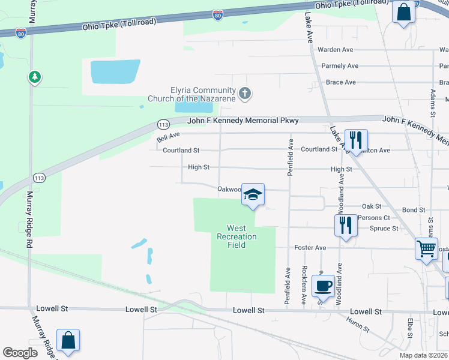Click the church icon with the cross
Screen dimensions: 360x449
click(x=244, y=93)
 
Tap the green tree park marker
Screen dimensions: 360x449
click(x=35, y=77)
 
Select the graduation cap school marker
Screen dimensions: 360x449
click(x=253, y=194)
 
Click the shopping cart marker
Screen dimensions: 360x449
click(x=426, y=247)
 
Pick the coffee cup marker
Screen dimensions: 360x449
click(x=323, y=286)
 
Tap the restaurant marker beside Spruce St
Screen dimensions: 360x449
click(x=345, y=226)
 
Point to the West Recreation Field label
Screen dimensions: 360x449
click(x=236, y=236)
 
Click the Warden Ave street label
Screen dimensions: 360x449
click(x=336, y=50)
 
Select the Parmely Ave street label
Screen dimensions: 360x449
click(x=340, y=66)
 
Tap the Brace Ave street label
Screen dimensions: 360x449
click(x=340, y=82)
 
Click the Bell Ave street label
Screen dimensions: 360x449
click(x=169, y=137)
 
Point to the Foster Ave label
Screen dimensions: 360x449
click(x=310, y=248)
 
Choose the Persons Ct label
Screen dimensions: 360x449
click(x=373, y=218)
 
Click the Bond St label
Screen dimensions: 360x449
click(x=414, y=210)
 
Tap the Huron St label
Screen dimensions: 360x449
click(x=358, y=324)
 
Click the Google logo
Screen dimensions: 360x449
click(x=20, y=353)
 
